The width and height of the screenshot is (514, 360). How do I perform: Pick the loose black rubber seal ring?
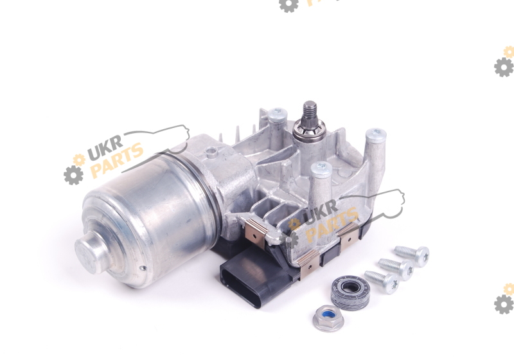click(x=350, y=292)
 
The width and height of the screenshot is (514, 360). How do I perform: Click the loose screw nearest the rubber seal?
click(x=382, y=282)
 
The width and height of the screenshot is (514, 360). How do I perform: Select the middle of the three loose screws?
click(x=396, y=269)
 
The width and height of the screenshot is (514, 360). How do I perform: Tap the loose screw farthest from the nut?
click(x=412, y=255)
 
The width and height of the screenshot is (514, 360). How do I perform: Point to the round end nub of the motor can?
click(x=91, y=249)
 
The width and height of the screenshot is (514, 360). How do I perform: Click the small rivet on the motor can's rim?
click(x=142, y=268)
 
